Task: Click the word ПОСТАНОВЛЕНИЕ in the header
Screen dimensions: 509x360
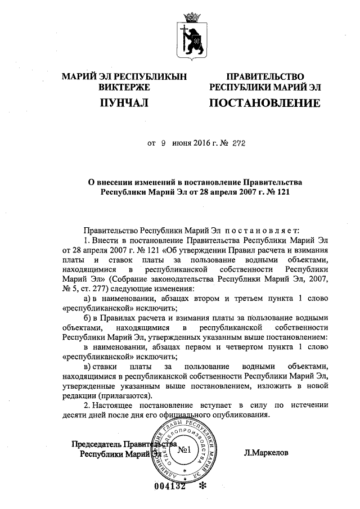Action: coord(264,103)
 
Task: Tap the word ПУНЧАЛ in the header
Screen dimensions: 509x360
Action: coord(123,103)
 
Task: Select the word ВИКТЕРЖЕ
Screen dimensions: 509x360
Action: coord(123,87)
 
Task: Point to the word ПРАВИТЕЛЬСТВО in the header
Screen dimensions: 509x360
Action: coord(264,76)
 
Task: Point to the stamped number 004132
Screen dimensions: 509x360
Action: coord(169,487)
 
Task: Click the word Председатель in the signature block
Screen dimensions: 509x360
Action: coord(96,443)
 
